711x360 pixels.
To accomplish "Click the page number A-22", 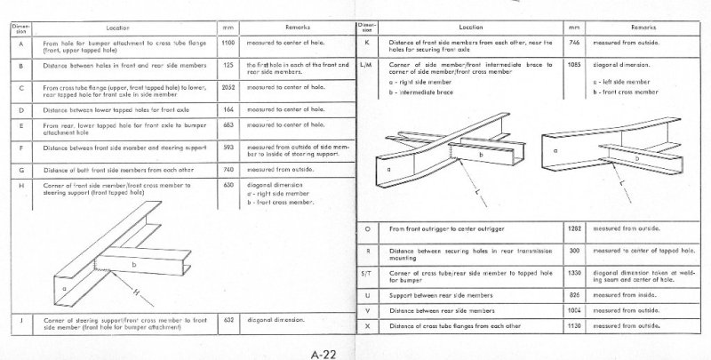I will click(x=323, y=353).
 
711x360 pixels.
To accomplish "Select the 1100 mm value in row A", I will click(x=227, y=42).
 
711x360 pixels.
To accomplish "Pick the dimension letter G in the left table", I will click(x=20, y=168).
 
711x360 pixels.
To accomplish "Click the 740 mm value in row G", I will click(x=227, y=168).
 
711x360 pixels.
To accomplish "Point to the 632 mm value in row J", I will click(x=227, y=316).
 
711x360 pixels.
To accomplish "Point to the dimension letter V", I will click(x=367, y=309).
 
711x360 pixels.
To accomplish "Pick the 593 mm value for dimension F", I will click(x=227, y=146).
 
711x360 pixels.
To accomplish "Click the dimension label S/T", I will click(x=367, y=275).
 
